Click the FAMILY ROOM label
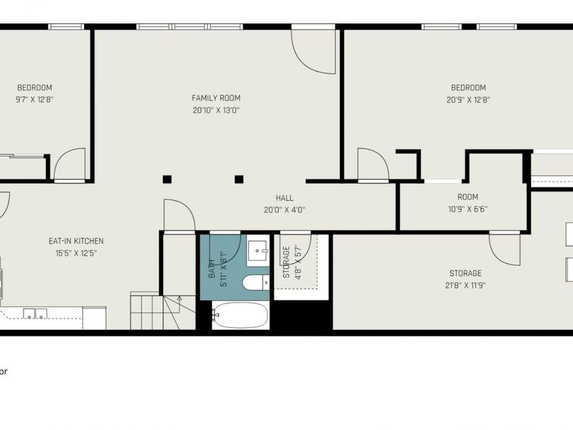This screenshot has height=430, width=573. coord(216,98)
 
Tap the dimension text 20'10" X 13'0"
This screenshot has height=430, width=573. coord(216,110)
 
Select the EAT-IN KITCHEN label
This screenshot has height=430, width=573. coord(76,241)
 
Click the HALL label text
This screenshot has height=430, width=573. coord(285,198)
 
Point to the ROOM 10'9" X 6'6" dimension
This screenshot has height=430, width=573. coord(468,209)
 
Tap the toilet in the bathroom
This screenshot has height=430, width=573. coord(256,283)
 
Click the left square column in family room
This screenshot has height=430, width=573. coord(167,179)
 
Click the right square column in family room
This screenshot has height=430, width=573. coord(239,179)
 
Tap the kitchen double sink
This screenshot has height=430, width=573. coord(35,313)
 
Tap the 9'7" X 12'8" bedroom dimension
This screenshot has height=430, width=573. coord(34,99)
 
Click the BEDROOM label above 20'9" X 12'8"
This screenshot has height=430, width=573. coord(468,88)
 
